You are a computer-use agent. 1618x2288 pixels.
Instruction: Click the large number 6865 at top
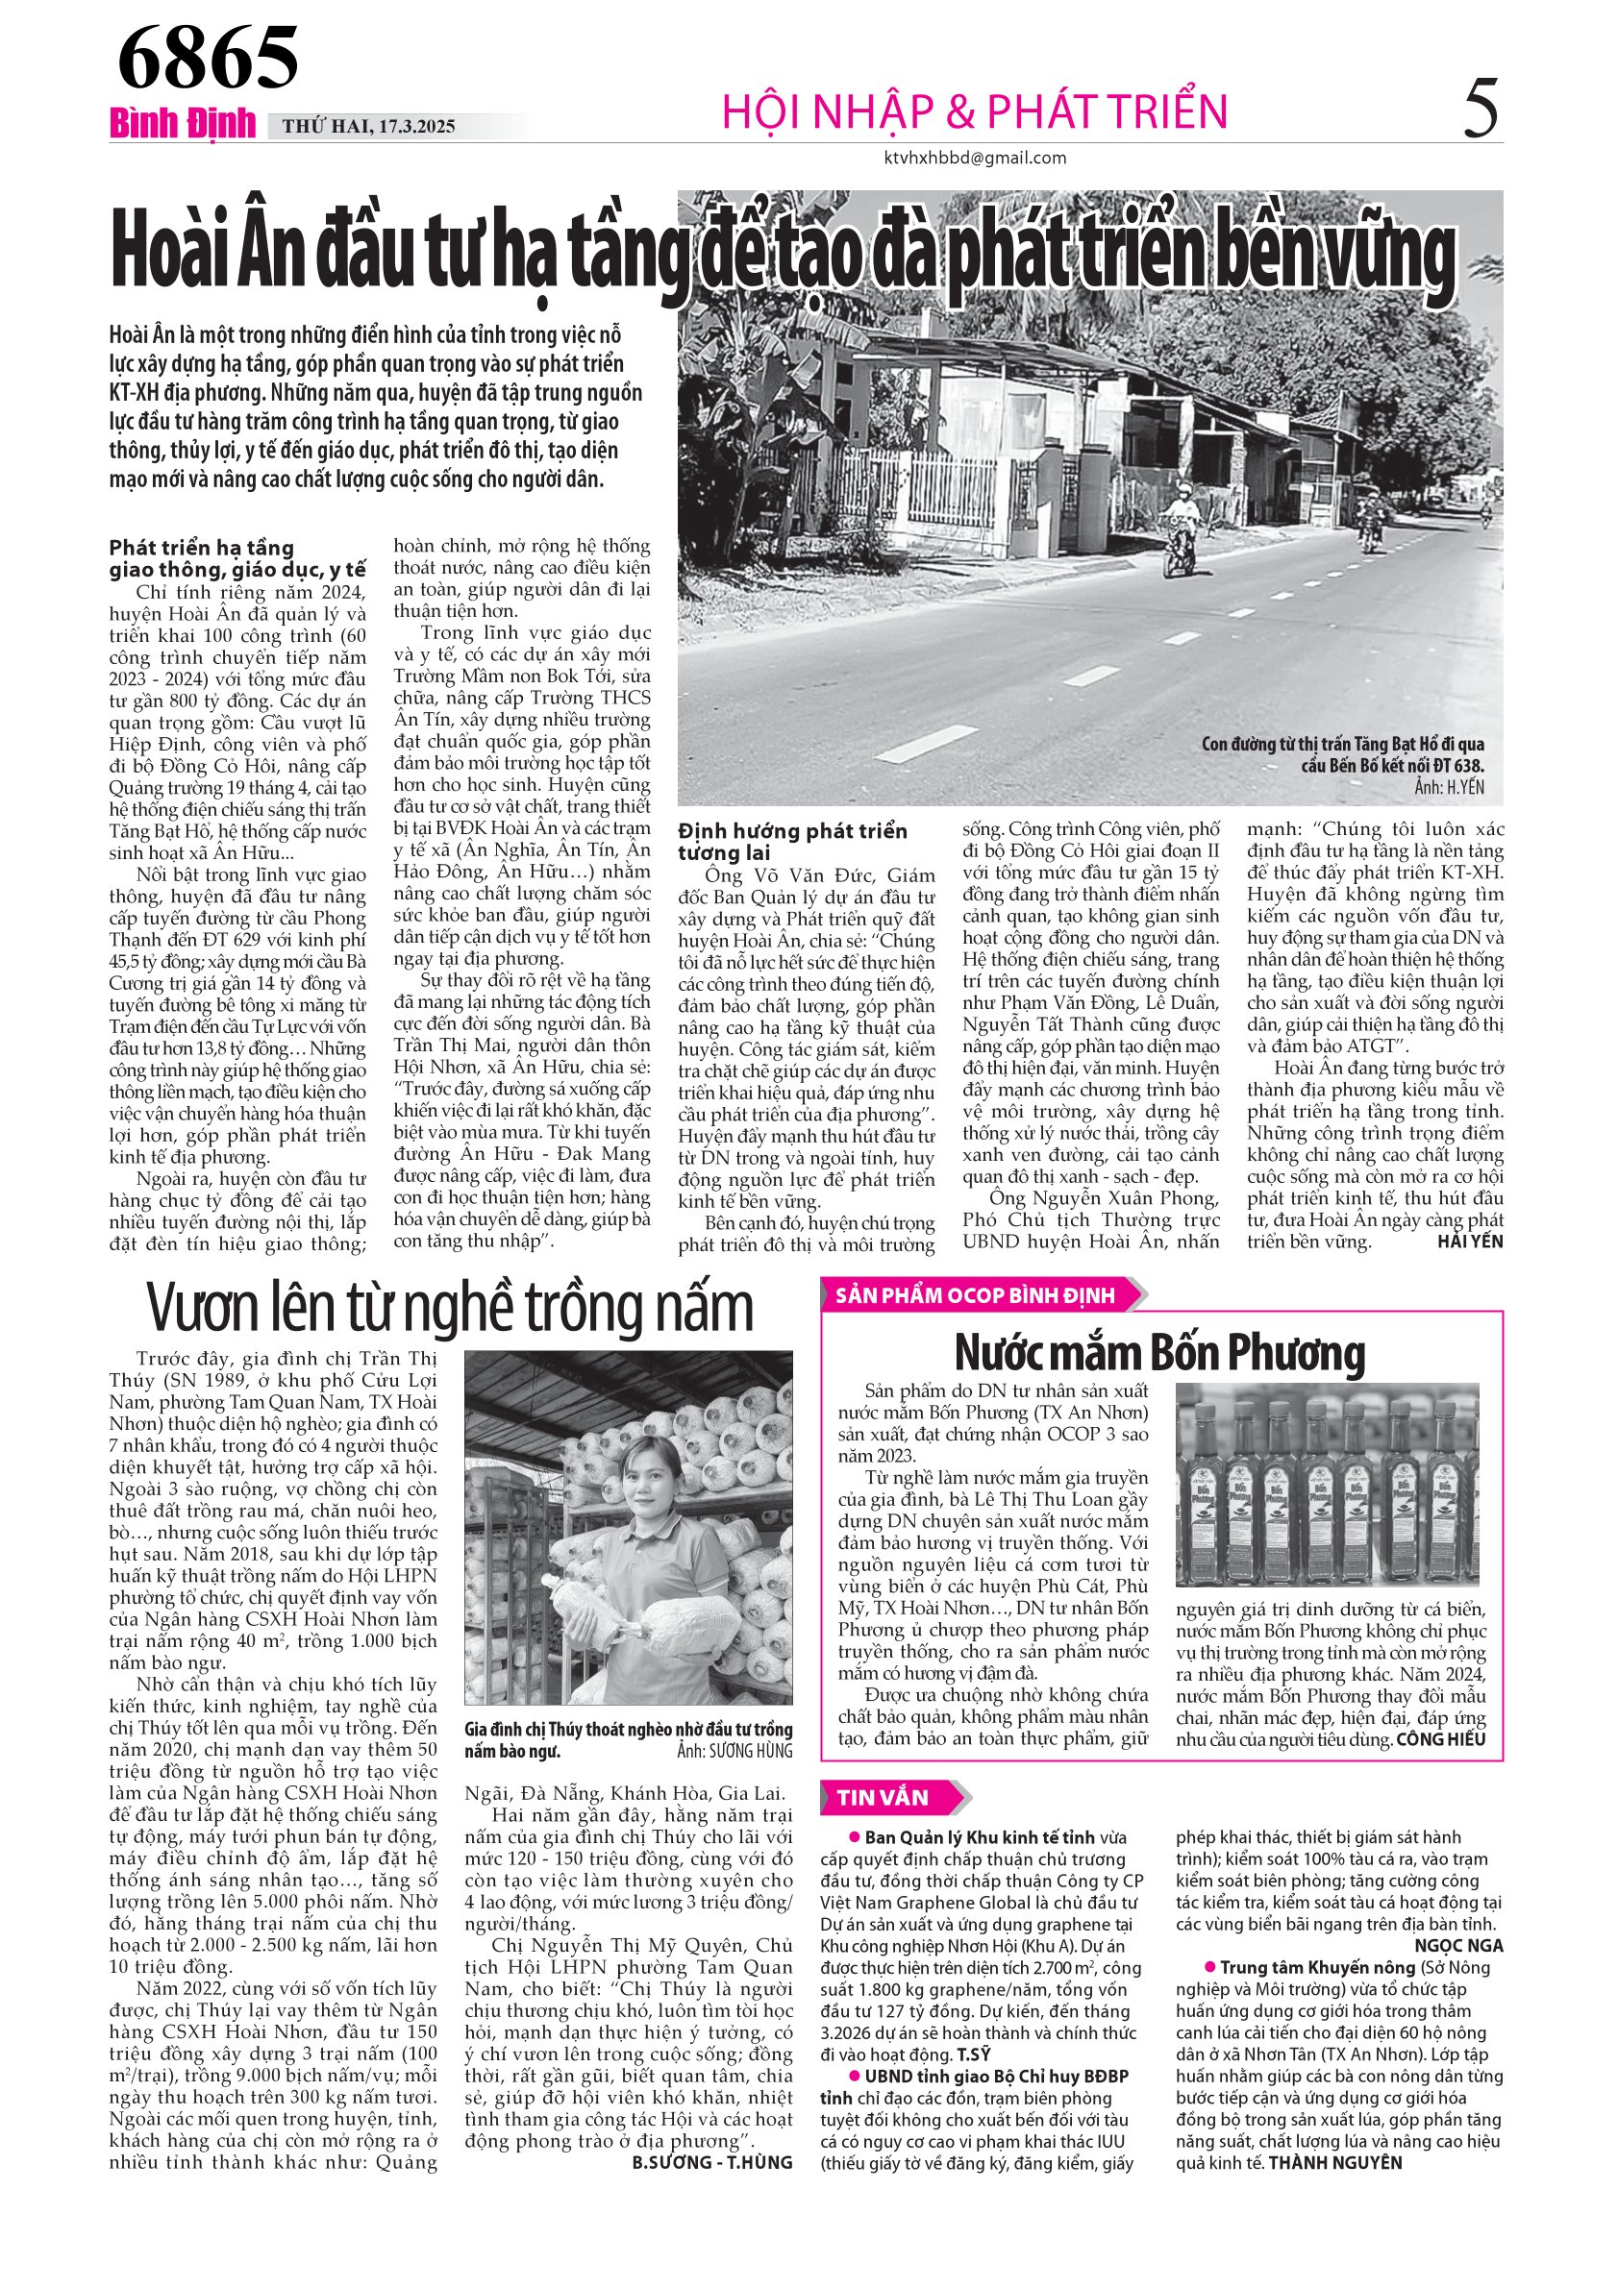pyautogui.click(x=208, y=57)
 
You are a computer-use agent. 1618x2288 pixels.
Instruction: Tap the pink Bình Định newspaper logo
pyautogui.click(x=183, y=125)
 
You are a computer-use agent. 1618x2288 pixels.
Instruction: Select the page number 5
pyautogui.click(x=1481, y=110)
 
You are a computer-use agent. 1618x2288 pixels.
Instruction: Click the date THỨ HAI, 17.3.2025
pyautogui.click(x=369, y=127)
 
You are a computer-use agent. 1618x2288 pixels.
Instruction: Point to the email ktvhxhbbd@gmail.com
pyautogui.click(x=975, y=158)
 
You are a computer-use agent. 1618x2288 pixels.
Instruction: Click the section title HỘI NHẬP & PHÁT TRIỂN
pyautogui.click(x=974, y=111)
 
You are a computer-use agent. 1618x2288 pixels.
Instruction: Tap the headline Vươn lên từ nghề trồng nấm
pyautogui.click(x=450, y=1307)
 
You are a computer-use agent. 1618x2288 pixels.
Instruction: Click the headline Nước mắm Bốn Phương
pyautogui.click(x=1159, y=1352)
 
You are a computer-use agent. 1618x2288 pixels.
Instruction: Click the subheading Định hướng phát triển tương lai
pyautogui.click(x=792, y=842)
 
